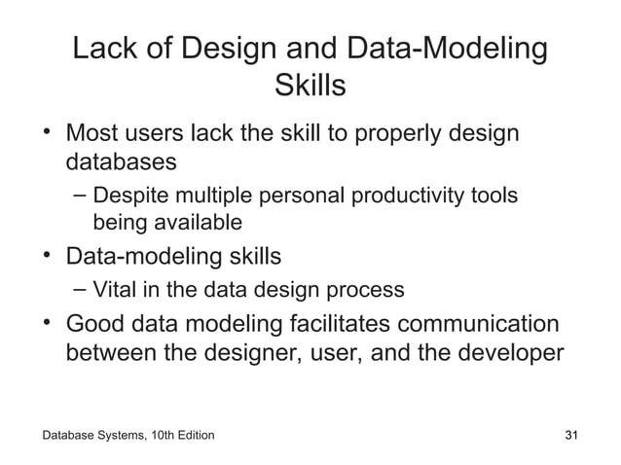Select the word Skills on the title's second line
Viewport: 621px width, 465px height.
310,87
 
